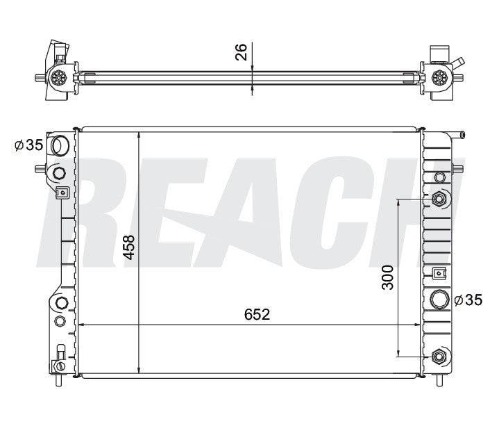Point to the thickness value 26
(x=241, y=53)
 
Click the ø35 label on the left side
(x=28, y=145)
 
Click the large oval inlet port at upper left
(x=61, y=146)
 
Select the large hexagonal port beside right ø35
(x=439, y=300)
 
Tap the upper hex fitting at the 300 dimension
(x=439, y=200)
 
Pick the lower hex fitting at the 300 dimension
(x=439, y=357)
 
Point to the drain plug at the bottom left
(x=60, y=366)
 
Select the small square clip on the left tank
(x=61, y=193)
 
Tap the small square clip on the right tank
(x=438, y=273)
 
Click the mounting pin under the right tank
(x=439, y=381)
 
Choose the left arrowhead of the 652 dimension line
(x=82, y=325)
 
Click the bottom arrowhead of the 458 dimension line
(x=140, y=370)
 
